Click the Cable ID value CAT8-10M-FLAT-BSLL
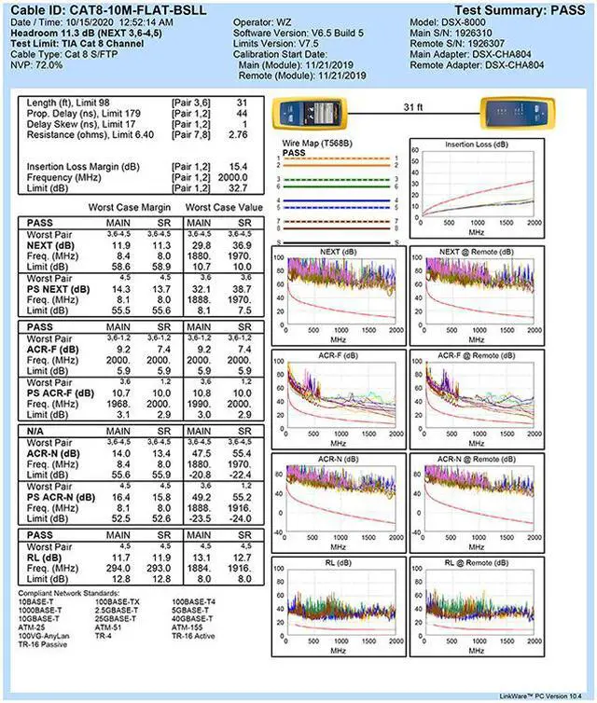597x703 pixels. pos(137,9)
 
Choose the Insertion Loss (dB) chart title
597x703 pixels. pos(477,145)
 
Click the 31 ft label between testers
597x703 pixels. pos(412,108)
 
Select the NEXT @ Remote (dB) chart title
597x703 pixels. pos(477,252)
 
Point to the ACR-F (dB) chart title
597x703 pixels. pos(338,356)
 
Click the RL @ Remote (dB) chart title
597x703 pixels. pos(477,563)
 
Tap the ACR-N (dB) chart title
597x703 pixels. pos(338,460)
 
